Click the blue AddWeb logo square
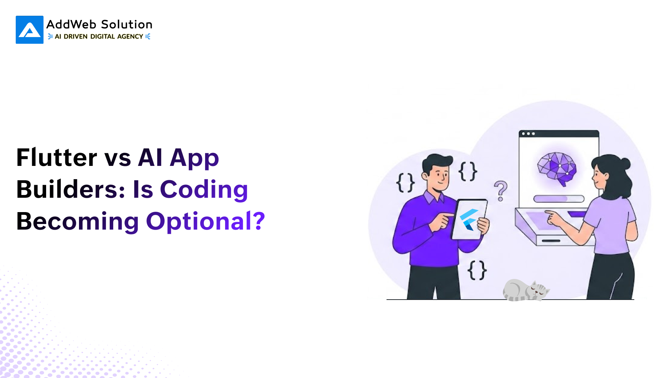pyautogui.click(x=30, y=30)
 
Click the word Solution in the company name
pyautogui.click(x=127, y=24)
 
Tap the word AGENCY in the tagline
pyautogui.click(x=130, y=36)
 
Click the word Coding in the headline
pyautogui.click(x=204, y=190)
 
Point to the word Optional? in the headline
pyautogui.click(x=205, y=222)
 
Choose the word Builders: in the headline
pyautogui.click(x=71, y=189)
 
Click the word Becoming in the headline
pyautogui.click(x=78, y=222)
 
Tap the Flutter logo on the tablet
pyautogui.click(x=469, y=220)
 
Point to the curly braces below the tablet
pyautogui.click(x=477, y=270)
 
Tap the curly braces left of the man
pyautogui.click(x=405, y=183)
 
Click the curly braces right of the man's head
pyautogui.click(x=468, y=171)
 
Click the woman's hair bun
pyautogui.click(x=624, y=163)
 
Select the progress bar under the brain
pyautogui.click(x=559, y=199)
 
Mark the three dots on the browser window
pyautogui.click(x=528, y=134)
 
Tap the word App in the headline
pyautogui.click(x=194, y=158)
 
